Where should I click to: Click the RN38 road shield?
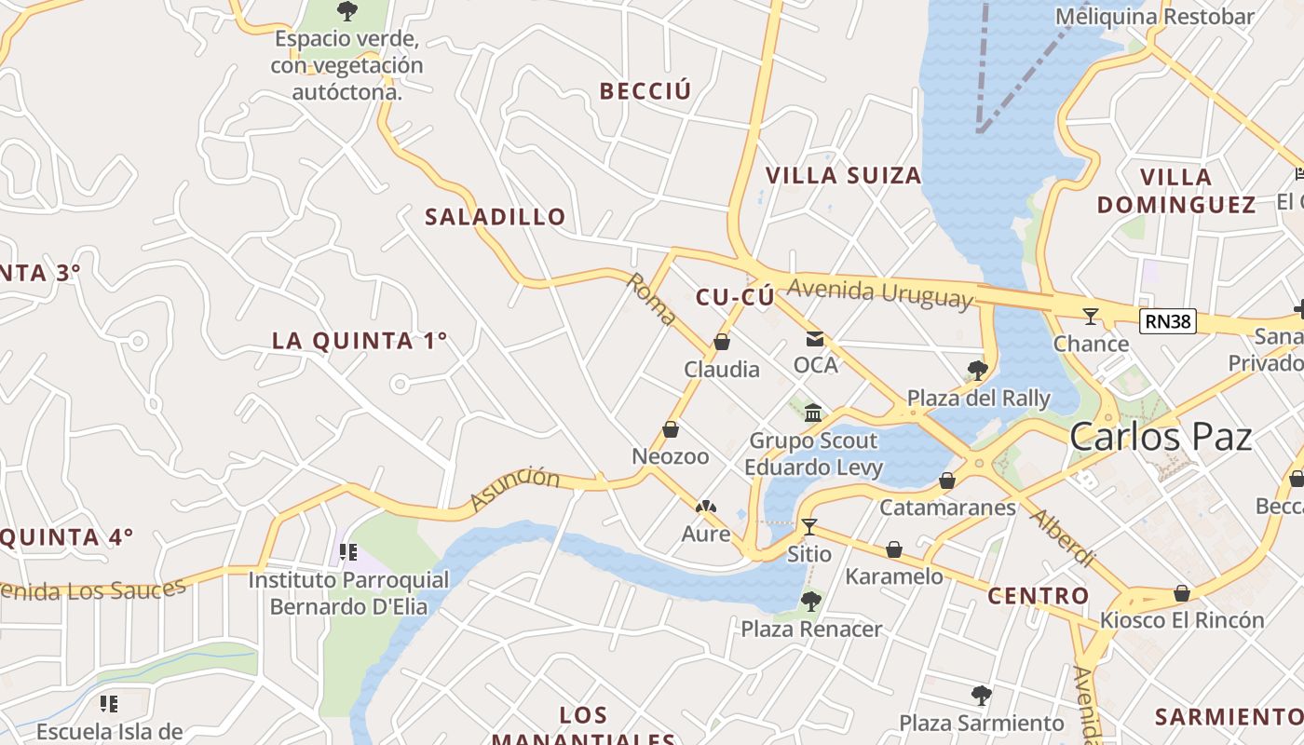pyautogui.click(x=1167, y=322)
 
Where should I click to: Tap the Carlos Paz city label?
pyautogui.click(x=1161, y=436)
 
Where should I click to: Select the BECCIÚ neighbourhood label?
pyautogui.click(x=645, y=91)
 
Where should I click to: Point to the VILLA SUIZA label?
pyautogui.click(x=843, y=175)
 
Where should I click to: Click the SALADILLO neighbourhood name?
pyautogui.click(x=496, y=217)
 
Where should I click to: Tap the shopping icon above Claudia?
pyautogui.click(x=721, y=343)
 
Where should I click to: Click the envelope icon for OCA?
pyautogui.click(x=815, y=339)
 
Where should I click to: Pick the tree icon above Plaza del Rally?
pyautogui.click(x=977, y=371)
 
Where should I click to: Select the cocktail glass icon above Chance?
pyautogui.click(x=1090, y=317)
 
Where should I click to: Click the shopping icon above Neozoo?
pyautogui.click(x=670, y=430)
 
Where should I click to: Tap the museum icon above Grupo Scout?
pyautogui.click(x=813, y=413)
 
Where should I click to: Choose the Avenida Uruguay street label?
pyautogui.click(x=878, y=293)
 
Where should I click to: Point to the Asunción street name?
pyautogui.click(x=515, y=489)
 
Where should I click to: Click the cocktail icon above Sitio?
pyautogui.click(x=808, y=527)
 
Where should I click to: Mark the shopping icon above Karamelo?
pyautogui.click(x=893, y=549)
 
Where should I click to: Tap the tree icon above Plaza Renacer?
pyautogui.click(x=810, y=602)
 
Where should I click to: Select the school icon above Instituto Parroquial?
pyautogui.click(x=348, y=552)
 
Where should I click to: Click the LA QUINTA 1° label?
pyautogui.click(x=360, y=341)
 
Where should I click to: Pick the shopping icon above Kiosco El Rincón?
pyautogui.click(x=1181, y=593)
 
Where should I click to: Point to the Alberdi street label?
pyautogui.click(x=1062, y=537)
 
